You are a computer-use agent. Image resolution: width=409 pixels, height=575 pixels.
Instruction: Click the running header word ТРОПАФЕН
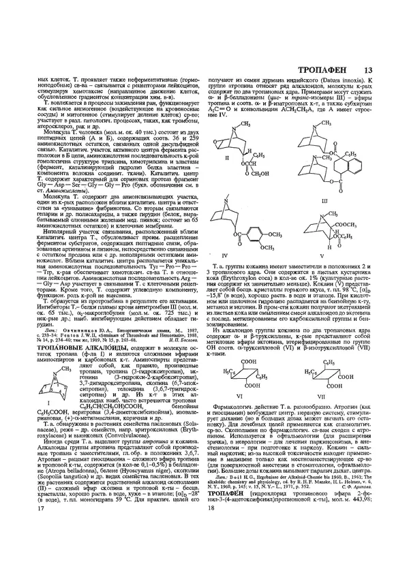[326, 69]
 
